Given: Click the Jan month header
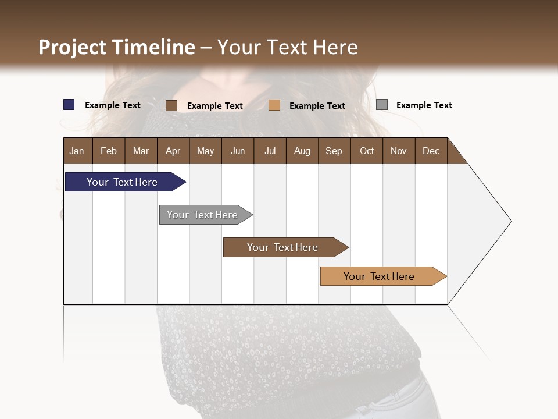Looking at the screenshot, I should [77, 151].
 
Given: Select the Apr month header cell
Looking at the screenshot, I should [173, 151].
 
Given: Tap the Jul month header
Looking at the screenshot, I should [270, 151].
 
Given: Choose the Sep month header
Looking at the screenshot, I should [334, 151].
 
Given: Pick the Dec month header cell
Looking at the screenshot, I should [431, 151].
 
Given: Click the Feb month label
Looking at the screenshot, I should [109, 151].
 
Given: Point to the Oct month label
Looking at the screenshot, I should [367, 151].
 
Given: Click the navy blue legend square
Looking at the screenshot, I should [69, 105].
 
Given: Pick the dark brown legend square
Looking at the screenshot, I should [171, 105].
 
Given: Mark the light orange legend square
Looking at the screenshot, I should [274, 105].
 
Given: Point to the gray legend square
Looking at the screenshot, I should [382, 105].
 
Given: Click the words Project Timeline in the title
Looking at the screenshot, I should [116, 47].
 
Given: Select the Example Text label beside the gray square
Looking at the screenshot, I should [424, 105].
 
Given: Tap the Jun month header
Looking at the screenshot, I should [238, 151].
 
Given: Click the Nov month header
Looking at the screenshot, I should [399, 151].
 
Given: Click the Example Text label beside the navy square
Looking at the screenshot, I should [112, 105].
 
